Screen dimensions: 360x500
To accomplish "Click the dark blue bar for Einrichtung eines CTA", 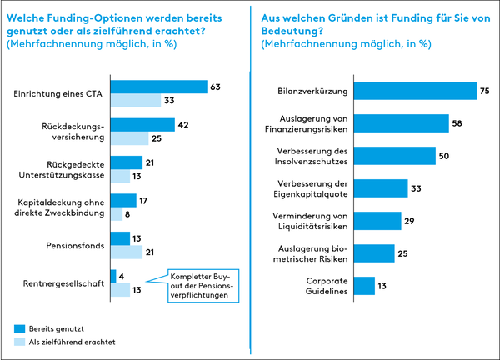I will tap(158, 87).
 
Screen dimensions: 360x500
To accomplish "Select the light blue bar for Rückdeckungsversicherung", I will tap(129, 138).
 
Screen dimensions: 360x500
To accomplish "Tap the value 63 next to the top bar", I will tap(216, 87).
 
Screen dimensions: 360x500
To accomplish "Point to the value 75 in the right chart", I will tap(486, 92).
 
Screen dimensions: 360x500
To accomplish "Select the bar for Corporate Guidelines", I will tap(364, 286).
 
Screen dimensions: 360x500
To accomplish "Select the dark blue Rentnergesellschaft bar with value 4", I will tap(113, 277).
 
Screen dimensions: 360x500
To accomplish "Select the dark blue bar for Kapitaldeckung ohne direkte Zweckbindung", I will tap(123, 200).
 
